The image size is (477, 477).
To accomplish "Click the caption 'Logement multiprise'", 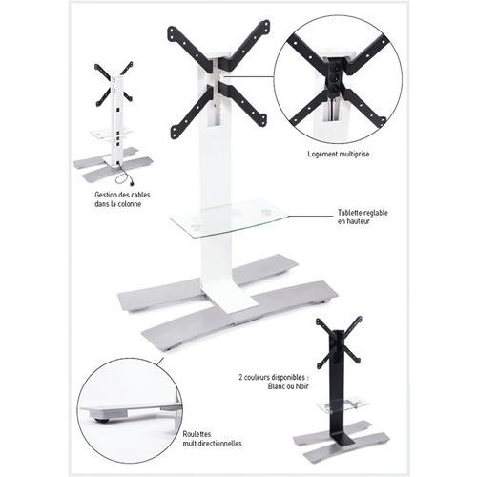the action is [339, 155].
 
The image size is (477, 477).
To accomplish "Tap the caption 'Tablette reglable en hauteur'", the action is [363, 217].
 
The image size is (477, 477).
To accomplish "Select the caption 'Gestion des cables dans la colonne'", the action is [122, 199].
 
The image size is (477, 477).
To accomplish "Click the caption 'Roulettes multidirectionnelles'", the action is [212, 439].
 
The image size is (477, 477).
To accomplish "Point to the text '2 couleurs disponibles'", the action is [272, 378].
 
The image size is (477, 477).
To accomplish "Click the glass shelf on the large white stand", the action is [230, 218].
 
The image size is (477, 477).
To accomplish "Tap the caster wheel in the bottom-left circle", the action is [101, 420].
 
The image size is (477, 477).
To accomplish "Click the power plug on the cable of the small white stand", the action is [132, 183].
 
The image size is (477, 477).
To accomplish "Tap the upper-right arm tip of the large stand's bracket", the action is [265, 26].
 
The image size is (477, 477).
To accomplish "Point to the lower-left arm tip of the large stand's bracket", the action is [175, 133].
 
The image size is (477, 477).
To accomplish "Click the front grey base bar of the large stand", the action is [239, 316].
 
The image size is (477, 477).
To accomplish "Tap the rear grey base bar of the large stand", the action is [208, 282].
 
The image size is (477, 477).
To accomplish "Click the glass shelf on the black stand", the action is [343, 404].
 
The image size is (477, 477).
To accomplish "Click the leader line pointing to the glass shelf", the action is [311, 216].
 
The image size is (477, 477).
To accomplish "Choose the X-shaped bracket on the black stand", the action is [339, 342].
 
